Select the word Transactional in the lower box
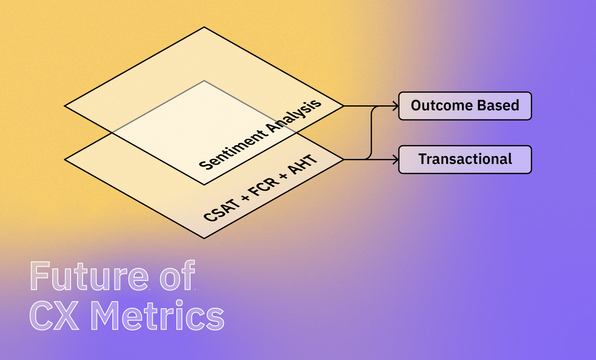click(x=465, y=159)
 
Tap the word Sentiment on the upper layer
click(x=234, y=150)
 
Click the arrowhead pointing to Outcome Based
click(x=396, y=106)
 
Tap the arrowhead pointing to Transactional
click(x=396, y=160)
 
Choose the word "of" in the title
click(x=178, y=275)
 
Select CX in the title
click(x=54, y=316)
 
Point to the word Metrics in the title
click(x=158, y=315)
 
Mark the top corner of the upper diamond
click(x=204, y=27)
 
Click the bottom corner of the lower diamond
click(x=204, y=238)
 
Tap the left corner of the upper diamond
click(x=65, y=106)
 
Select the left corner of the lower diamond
click(x=65, y=160)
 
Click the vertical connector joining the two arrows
click(x=371, y=133)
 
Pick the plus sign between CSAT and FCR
click(x=246, y=197)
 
